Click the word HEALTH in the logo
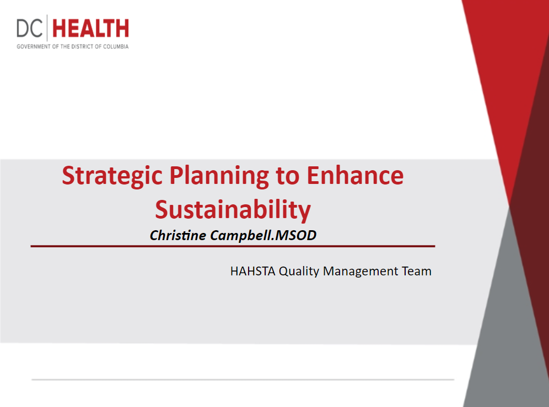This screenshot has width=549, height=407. pyautogui.click(x=91, y=28)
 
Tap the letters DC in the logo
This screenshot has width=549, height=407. pyautogui.click(x=30, y=28)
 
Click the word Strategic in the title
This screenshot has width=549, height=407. pyautogui.click(x=112, y=176)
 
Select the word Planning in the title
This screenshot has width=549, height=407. pyautogui.click(x=219, y=176)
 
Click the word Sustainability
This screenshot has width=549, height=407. pyautogui.click(x=233, y=210)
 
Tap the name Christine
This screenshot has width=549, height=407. pyautogui.click(x=178, y=235)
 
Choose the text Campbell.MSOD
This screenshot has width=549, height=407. pyautogui.click(x=263, y=235)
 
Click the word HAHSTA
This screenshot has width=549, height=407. pyautogui.click(x=253, y=271)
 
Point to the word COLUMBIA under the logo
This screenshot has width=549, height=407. pyautogui.click(x=116, y=47)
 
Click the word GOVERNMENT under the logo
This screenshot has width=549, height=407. pyautogui.click(x=34, y=47)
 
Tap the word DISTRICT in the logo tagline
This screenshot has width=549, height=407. pyautogui.click(x=82, y=47)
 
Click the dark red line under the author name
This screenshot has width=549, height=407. pyautogui.click(x=233, y=246)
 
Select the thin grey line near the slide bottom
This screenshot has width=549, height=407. pyautogui.click(x=243, y=379)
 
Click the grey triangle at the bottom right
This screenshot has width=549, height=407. pyautogui.click(x=508, y=333)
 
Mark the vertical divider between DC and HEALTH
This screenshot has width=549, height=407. pyautogui.click(x=47, y=28)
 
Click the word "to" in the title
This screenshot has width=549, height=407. pyautogui.click(x=288, y=176)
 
